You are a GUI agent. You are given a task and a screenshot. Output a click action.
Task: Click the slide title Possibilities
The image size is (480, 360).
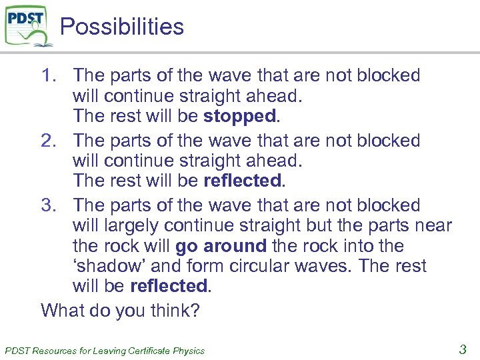pyautogui.click(x=121, y=27)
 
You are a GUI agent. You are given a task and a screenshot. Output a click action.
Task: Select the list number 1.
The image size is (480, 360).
pyautogui.click(x=51, y=75)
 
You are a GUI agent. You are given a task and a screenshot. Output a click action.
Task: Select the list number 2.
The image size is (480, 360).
pyautogui.click(x=51, y=141)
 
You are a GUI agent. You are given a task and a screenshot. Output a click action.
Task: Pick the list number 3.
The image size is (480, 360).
pyautogui.click(x=51, y=205)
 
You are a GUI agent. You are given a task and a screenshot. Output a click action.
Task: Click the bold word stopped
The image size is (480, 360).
pyautogui.click(x=239, y=116)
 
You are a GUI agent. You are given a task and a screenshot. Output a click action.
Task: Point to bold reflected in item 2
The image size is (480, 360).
pyautogui.click(x=243, y=181)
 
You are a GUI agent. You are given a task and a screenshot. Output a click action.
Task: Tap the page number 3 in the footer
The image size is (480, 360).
pyautogui.click(x=462, y=348)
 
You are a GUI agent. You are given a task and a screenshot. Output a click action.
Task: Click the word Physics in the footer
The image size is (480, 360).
pyautogui.click(x=189, y=351)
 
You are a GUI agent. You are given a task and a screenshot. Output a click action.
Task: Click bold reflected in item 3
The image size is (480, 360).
pyautogui.click(x=169, y=286)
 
